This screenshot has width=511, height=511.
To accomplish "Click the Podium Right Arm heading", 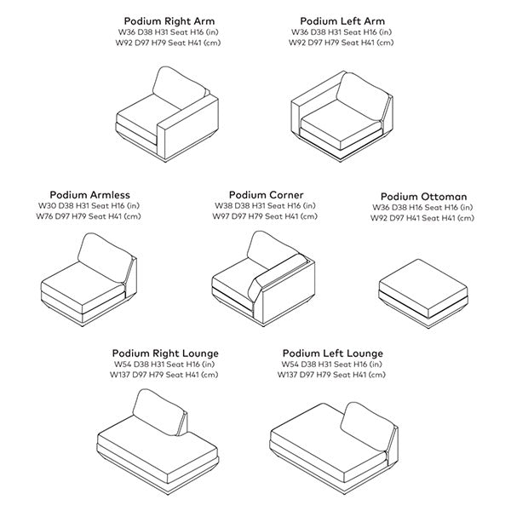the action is (x=169, y=21).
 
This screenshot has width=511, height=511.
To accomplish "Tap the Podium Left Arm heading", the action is (x=342, y=21).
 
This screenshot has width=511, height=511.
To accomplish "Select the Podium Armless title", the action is (x=89, y=195).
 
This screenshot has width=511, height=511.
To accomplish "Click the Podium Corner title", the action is (x=266, y=195).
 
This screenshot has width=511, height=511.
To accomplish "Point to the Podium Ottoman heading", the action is (x=423, y=197).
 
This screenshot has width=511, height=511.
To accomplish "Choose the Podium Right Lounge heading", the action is (x=165, y=353).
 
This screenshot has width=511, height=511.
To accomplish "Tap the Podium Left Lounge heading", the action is (x=333, y=353).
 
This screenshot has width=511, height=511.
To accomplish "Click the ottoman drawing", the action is (x=423, y=293).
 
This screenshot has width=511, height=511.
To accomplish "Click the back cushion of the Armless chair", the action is (x=105, y=257).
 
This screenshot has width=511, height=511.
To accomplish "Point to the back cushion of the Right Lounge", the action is (x=158, y=412).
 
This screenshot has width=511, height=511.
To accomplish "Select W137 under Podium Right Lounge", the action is (x=119, y=375).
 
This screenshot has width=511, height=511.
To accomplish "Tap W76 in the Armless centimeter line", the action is (x=44, y=216).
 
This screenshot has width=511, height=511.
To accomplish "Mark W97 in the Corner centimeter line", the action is (x=221, y=216).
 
